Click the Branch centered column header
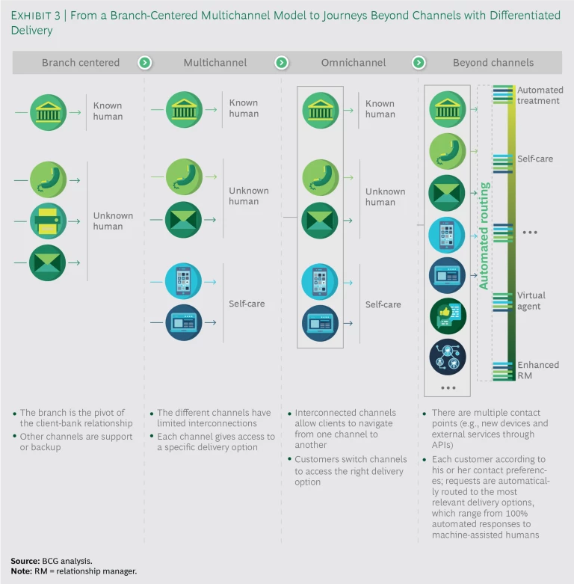point(81,63)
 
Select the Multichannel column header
point(215,63)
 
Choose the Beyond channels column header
point(493,63)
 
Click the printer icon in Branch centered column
point(49,221)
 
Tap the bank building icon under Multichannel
point(184,109)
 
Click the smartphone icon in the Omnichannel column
point(321,283)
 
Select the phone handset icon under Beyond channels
point(448,152)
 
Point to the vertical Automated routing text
point(484,236)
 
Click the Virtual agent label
point(531,301)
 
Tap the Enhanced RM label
point(538,370)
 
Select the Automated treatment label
point(540,95)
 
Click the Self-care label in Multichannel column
point(247,304)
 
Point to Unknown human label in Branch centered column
point(113,221)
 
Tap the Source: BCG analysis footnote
point(43,560)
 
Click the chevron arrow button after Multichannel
point(281,63)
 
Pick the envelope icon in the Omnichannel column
point(321,221)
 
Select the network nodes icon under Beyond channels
point(448,357)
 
